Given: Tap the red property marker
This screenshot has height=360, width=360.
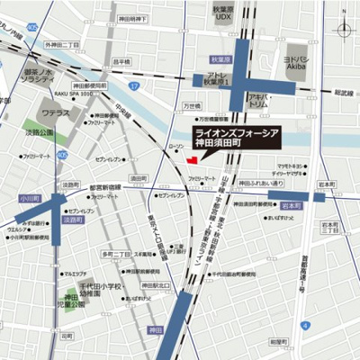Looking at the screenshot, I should [x=190, y=160].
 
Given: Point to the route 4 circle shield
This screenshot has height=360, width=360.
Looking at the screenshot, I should [x=306, y=324].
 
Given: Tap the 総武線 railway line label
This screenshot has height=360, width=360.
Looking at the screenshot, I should [x=343, y=92].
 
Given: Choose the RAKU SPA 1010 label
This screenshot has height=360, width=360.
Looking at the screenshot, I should [x=73, y=93].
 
